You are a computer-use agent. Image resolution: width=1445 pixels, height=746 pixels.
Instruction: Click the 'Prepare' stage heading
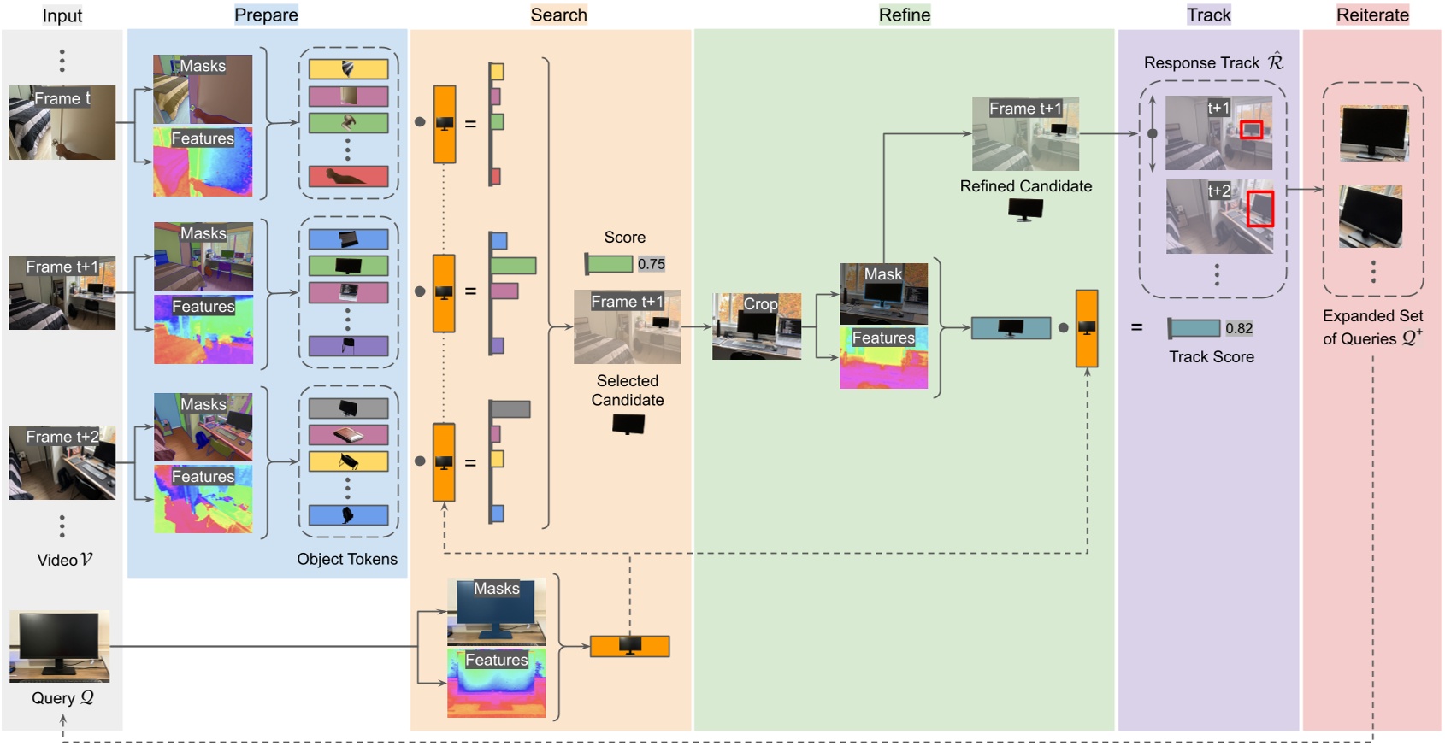(266, 15)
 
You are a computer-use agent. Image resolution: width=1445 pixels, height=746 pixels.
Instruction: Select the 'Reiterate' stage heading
(1372, 15)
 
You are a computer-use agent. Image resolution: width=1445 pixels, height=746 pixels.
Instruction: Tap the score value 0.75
(651, 264)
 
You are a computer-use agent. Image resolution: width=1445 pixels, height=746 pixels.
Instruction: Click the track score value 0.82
(1238, 328)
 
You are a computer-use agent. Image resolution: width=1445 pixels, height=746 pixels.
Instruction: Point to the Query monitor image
(59, 646)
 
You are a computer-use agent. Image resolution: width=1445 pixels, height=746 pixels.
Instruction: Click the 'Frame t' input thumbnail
(62, 122)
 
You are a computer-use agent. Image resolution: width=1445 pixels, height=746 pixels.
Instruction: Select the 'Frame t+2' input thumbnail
(62, 462)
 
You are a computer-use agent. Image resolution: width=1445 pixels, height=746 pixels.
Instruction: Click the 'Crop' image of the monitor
(757, 326)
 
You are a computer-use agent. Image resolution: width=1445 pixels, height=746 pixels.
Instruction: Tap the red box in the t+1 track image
(1251, 130)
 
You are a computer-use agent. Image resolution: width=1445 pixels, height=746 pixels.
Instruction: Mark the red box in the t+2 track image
(1259, 209)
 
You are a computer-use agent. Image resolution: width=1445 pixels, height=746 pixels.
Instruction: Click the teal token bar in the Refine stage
(1011, 327)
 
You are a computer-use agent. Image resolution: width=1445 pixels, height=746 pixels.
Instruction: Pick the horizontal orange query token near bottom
(629, 646)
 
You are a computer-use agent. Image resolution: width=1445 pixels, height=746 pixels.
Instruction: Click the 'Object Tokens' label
(346, 559)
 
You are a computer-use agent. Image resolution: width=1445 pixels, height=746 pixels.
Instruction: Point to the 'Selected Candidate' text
(627, 391)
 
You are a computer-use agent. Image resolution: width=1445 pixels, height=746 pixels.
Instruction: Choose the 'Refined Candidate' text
(1025, 186)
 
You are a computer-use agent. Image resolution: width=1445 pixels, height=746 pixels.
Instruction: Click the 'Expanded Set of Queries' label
(1371, 327)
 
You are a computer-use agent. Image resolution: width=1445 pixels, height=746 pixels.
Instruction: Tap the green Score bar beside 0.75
(610, 264)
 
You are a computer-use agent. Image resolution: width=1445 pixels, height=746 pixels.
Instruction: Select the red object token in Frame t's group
(348, 177)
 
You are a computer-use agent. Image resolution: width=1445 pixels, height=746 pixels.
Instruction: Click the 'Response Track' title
(1201, 63)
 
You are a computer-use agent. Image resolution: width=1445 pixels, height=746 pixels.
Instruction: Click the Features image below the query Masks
(496, 682)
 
